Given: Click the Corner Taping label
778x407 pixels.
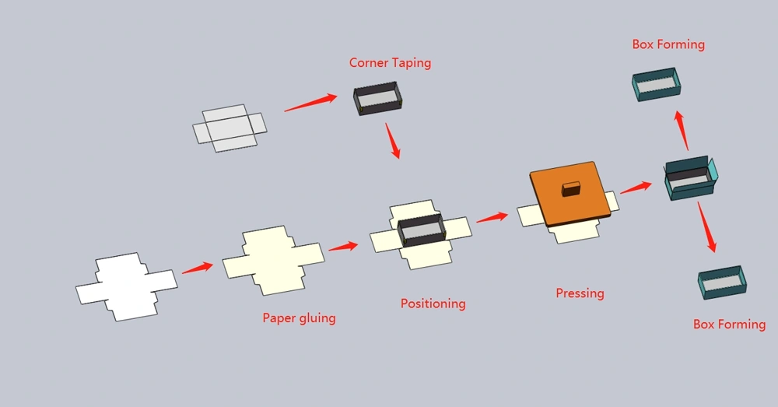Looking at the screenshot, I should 390,63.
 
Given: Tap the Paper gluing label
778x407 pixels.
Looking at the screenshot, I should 299,318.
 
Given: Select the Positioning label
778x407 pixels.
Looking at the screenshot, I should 433,303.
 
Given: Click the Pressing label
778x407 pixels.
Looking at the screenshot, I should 580,293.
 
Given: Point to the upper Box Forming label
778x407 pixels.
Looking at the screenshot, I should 668,44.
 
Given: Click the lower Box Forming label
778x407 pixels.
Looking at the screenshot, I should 729,324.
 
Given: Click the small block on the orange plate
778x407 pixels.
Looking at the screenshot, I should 571,188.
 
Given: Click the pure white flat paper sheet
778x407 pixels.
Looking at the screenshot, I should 124,286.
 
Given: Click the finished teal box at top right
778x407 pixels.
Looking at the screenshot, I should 656,84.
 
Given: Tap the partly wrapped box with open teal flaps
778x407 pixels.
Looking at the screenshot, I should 689,180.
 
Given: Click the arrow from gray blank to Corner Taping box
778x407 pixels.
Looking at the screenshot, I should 310,103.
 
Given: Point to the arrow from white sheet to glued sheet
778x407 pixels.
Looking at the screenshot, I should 198,268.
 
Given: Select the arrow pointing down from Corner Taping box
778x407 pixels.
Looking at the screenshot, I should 394,142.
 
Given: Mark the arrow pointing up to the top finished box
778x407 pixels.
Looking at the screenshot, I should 682,130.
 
